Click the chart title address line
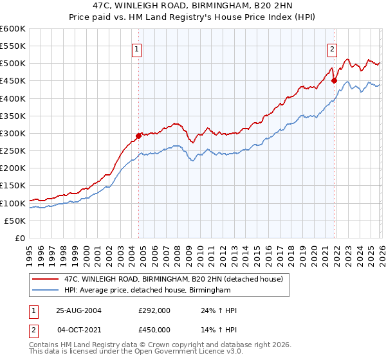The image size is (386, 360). pyautogui.click(x=192, y=5)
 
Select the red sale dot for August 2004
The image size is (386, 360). pyautogui.click(x=138, y=136)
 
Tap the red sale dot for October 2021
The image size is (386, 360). pyautogui.click(x=334, y=81)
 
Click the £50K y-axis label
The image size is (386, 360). pyautogui.click(x=15, y=221)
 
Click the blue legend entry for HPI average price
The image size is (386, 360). pyautogui.click(x=147, y=291)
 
